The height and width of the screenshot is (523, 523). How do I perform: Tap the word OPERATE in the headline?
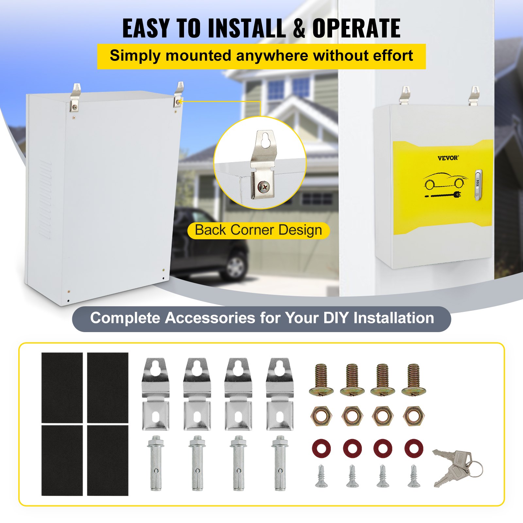pos(356,28)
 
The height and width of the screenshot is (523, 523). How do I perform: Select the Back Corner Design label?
pos(258,230)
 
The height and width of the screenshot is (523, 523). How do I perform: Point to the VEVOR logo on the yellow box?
pos(448,158)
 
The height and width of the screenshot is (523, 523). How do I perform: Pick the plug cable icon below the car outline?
pos(443,196)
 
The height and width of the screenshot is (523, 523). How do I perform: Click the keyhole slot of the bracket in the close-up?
pos(265,140)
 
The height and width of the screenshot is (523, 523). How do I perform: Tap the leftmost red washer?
pos(321,448)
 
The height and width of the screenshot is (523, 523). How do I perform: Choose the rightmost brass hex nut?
pos(414,416)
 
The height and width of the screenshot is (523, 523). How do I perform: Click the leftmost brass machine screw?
pos(321,379)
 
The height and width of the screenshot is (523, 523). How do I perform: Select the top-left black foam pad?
pos(62,387)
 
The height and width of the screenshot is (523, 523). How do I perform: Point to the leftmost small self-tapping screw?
pos(321,476)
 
